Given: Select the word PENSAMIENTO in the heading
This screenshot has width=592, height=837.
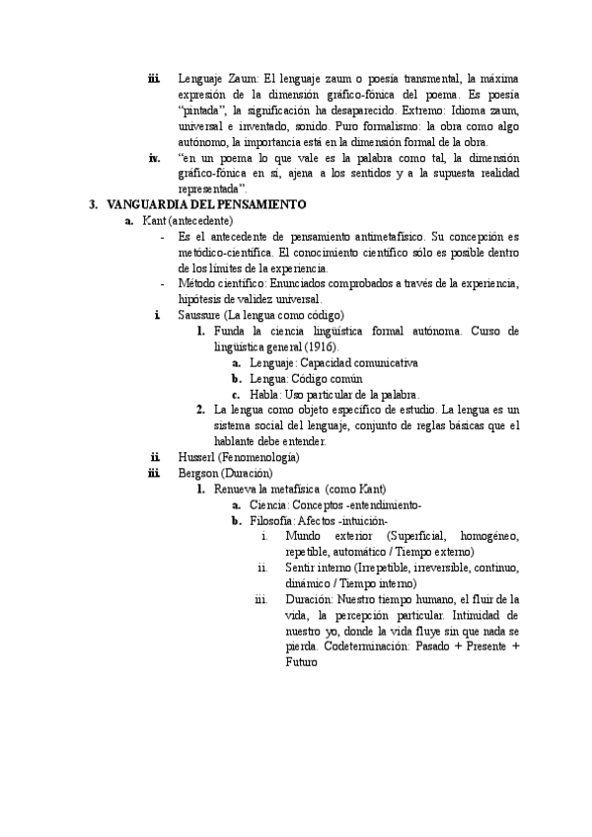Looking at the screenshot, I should coord(259,204).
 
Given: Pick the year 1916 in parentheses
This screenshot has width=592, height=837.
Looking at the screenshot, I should coord(321,347).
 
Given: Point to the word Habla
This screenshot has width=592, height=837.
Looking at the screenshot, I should coord(263,394).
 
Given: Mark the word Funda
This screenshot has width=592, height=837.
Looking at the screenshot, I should coord(229,331).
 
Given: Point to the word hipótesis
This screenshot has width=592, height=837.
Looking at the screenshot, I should coord(203,299).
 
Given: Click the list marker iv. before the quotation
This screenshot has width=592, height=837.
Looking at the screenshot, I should coord(154,157).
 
